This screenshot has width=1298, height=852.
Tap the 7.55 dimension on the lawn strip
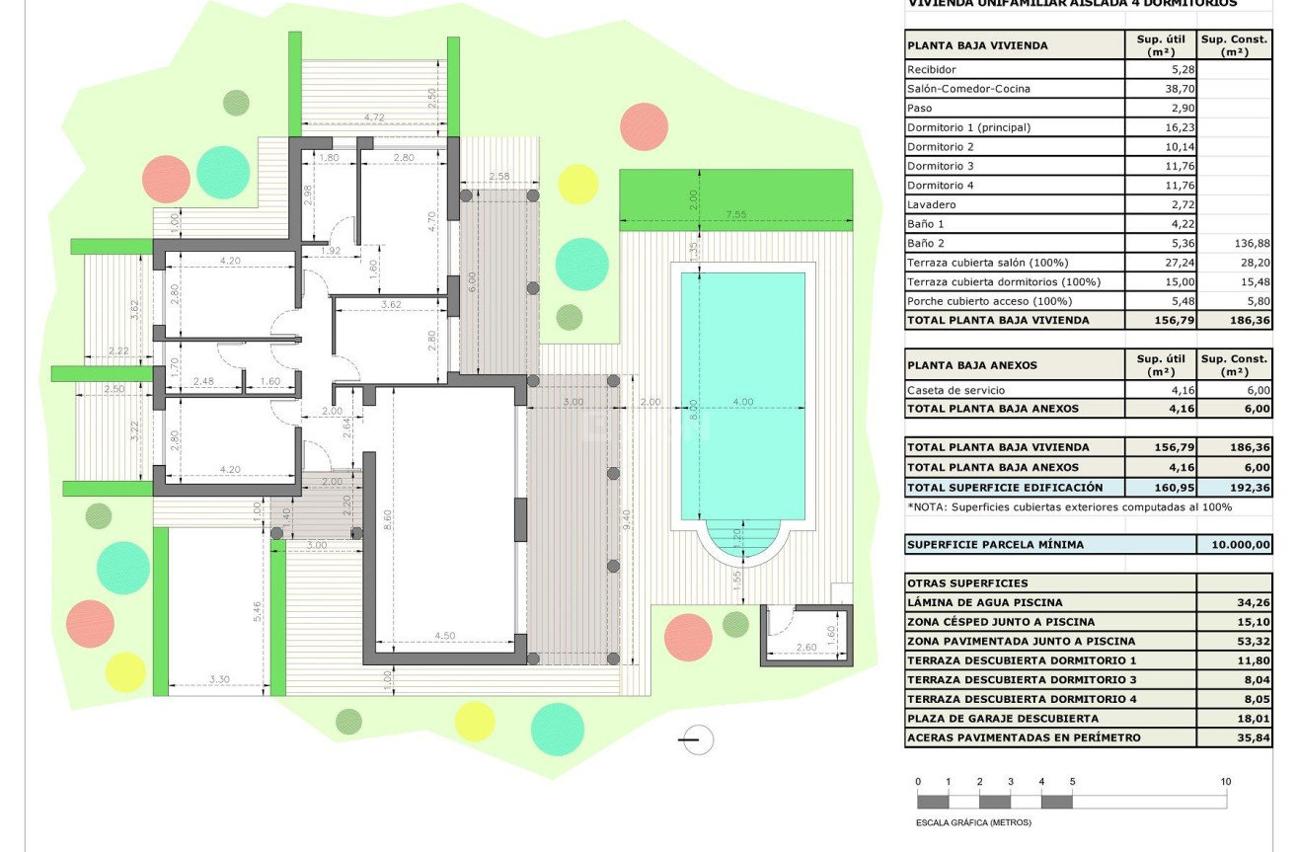click(x=735, y=213)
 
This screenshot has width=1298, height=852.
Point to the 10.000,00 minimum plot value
click(x=1234, y=545)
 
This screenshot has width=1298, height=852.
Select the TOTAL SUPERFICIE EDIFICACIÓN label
click(x=1005, y=488)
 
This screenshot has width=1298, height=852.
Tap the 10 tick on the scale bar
click(x=1225, y=782)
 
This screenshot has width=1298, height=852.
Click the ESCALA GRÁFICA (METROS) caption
click(x=973, y=822)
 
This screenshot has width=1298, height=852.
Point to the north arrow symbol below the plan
click(x=697, y=739)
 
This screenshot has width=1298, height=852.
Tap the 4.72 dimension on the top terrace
click(x=373, y=117)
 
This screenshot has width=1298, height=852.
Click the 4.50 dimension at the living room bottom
click(x=444, y=636)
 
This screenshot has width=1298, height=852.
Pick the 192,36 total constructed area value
click(x=1234, y=488)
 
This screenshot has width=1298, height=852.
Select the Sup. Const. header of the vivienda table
click(x=1234, y=45)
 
